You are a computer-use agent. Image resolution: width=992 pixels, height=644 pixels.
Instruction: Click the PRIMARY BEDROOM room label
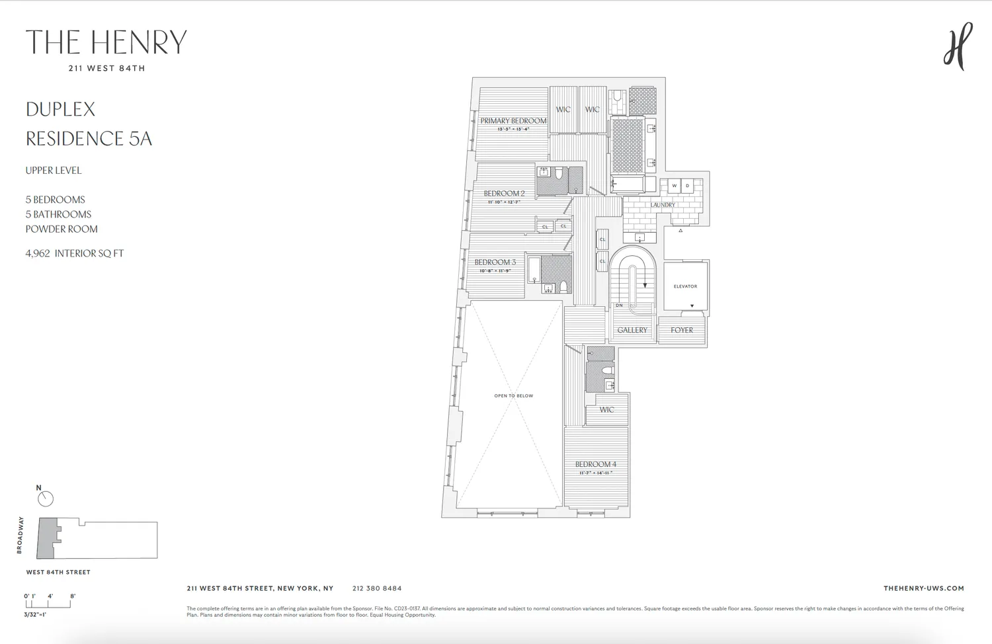513,121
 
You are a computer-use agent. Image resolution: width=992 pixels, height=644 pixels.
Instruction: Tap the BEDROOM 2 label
504,194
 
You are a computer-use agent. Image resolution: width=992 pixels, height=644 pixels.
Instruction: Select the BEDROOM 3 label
495,262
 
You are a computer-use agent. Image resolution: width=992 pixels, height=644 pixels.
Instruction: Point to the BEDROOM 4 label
595,465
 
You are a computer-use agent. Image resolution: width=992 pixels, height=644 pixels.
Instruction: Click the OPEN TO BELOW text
513,396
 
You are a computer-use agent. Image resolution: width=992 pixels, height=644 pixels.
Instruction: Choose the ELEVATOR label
685,286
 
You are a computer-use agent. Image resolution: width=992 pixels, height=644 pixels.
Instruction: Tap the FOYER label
682,330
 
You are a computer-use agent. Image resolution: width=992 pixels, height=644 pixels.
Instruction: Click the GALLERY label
632,330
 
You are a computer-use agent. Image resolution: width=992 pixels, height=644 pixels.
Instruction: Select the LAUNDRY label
663,205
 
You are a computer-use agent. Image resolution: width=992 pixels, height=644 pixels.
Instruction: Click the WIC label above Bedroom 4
606,410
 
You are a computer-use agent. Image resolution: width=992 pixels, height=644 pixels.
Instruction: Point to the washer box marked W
675,186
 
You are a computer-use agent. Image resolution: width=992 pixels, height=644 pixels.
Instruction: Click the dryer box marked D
688,186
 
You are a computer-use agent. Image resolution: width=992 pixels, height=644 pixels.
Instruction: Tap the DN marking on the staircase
619,305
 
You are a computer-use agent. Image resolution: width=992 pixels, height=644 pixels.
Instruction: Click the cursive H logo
958,46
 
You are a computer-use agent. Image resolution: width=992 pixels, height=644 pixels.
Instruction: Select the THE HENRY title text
106,42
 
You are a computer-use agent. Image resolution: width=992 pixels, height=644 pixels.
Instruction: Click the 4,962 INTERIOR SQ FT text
75,253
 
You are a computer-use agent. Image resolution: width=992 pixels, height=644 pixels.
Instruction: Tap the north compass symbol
45,499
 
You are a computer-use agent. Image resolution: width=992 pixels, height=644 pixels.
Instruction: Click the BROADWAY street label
20,536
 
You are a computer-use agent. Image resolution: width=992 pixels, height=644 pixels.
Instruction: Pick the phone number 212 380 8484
377,588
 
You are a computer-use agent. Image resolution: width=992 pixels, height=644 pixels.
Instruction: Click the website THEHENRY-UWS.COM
923,588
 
